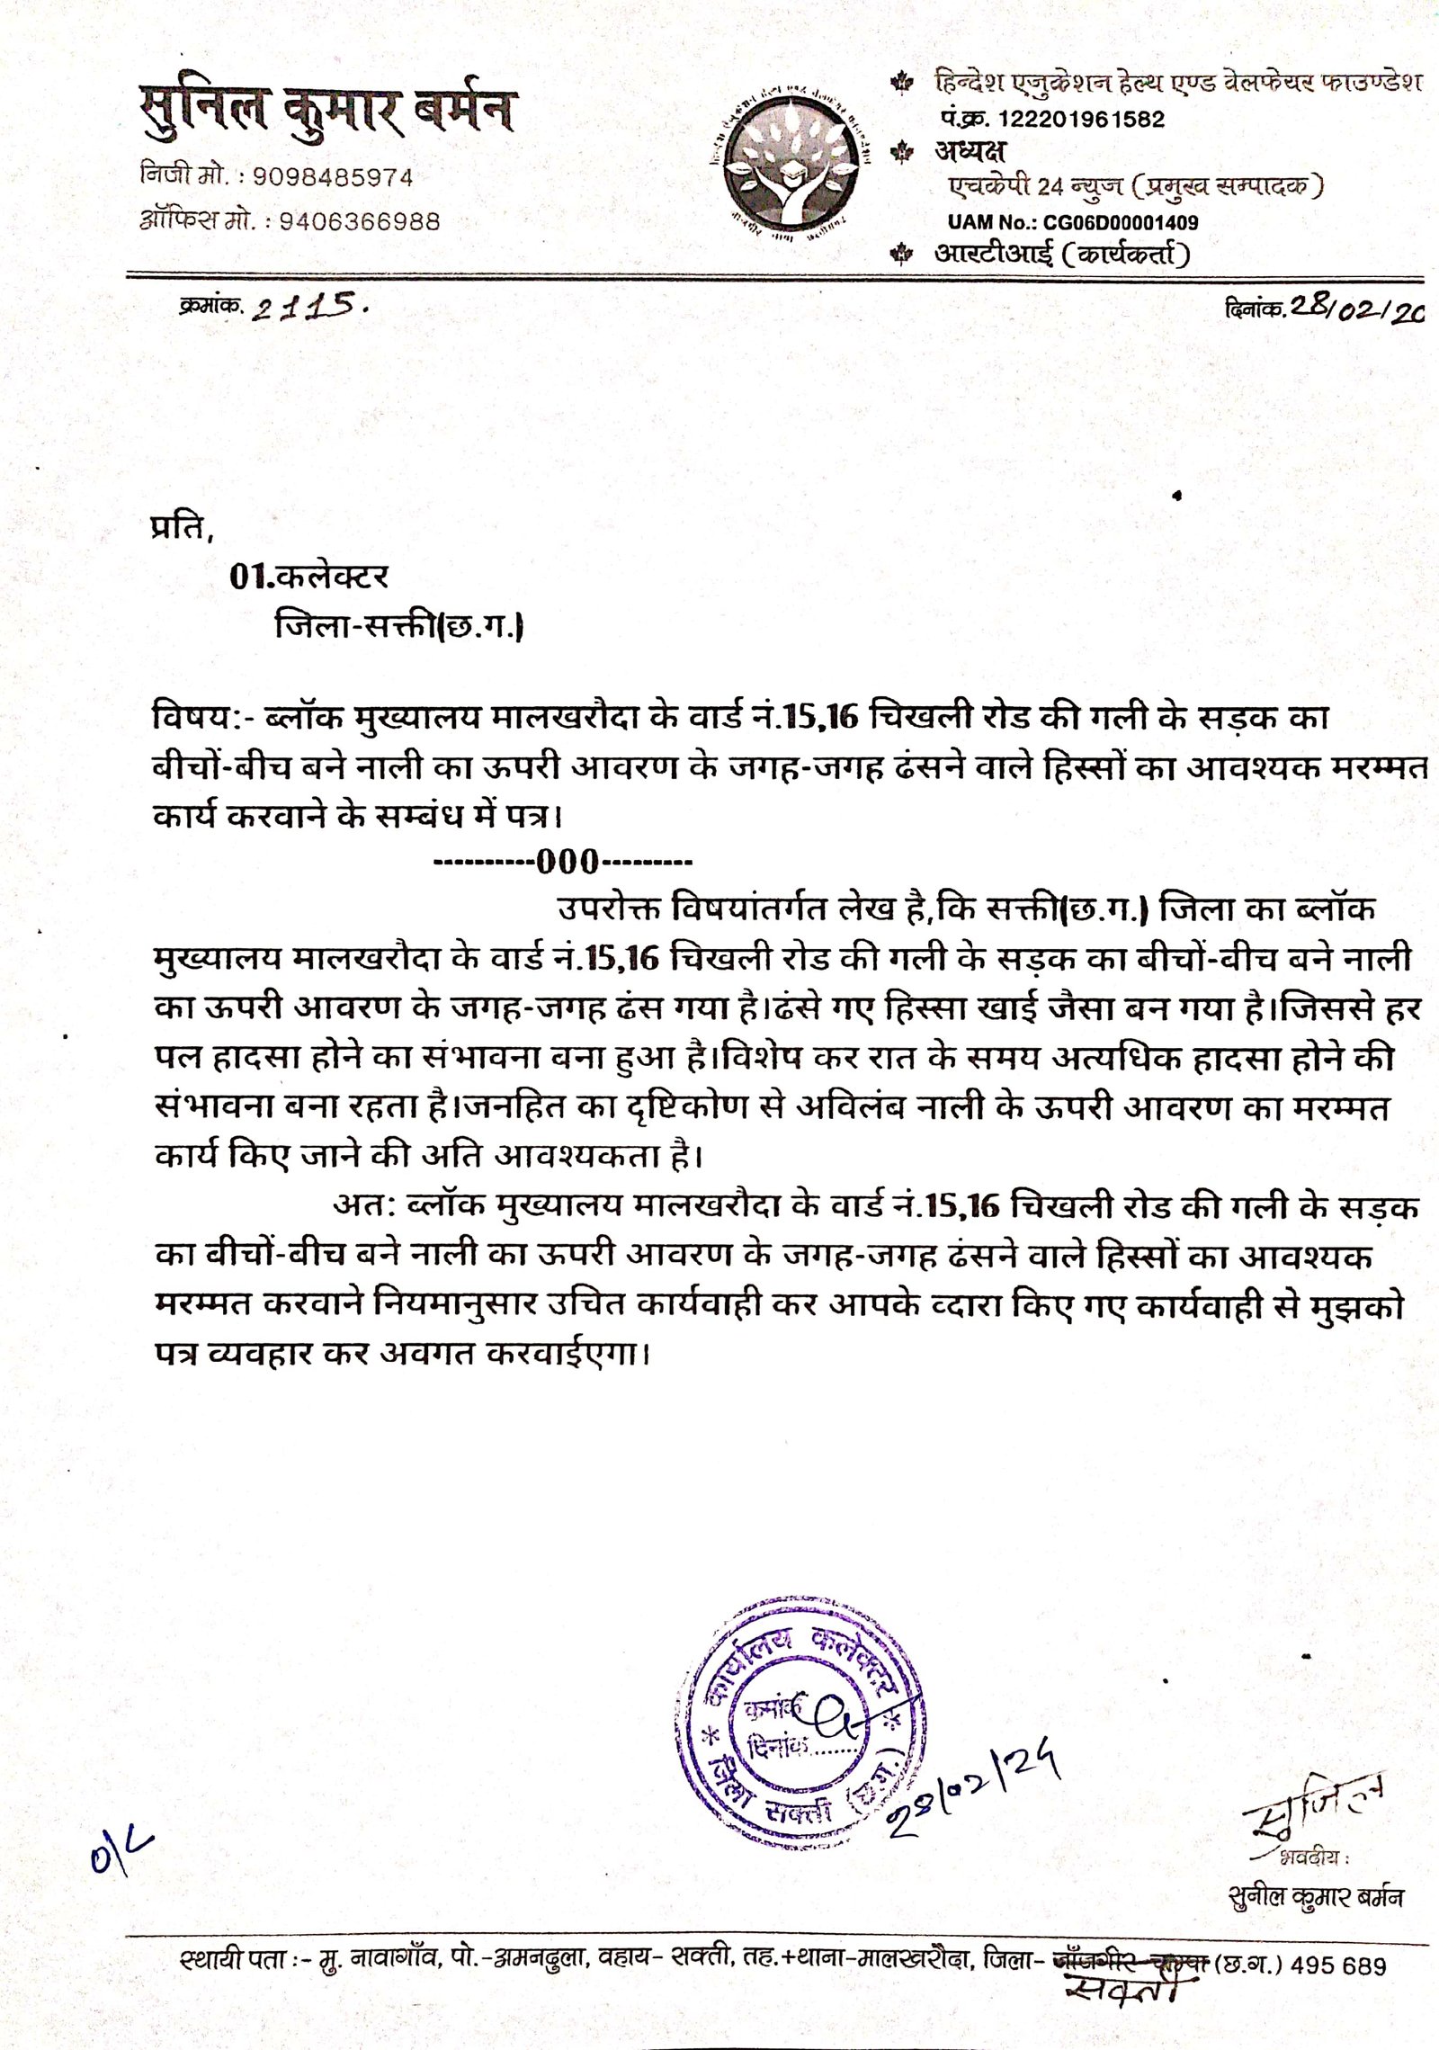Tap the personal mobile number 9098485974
point(333,177)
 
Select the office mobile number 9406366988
point(360,221)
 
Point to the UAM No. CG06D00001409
point(1073,222)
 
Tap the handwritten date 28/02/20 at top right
point(1356,309)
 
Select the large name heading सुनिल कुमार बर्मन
point(326,112)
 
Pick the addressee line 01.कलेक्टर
point(308,577)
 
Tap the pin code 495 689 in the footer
point(1338,1966)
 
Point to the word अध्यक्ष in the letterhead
point(970,152)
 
